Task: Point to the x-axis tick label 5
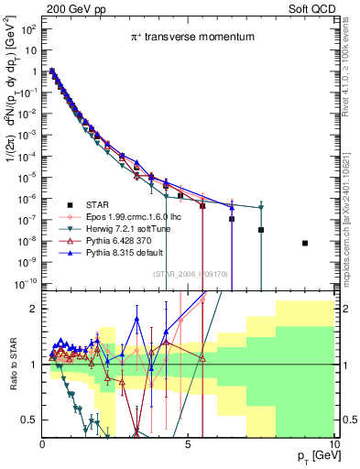coord(187,444)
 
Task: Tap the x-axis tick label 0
coord(42,444)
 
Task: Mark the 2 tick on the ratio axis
coord(33,309)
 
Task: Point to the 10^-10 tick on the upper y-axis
coord(25,282)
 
